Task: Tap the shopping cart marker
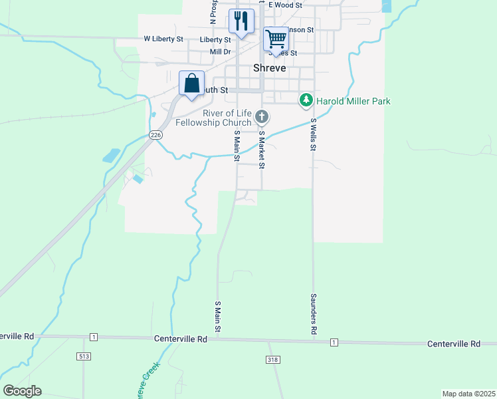tap(276, 38)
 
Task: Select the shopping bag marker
tap(191, 84)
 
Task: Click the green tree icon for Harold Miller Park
tap(306, 101)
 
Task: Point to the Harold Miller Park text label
tap(353, 102)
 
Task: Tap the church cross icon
tap(262, 118)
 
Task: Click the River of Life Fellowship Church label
tap(213, 118)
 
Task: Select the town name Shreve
tap(270, 68)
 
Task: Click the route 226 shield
tap(155, 135)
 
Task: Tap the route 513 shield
tap(83, 356)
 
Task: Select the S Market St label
tap(262, 149)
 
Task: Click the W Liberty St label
tap(163, 39)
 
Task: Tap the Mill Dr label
tap(219, 52)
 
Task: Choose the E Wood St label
tap(285, 5)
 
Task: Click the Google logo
tap(22, 391)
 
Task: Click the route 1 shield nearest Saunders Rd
tap(334, 342)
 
